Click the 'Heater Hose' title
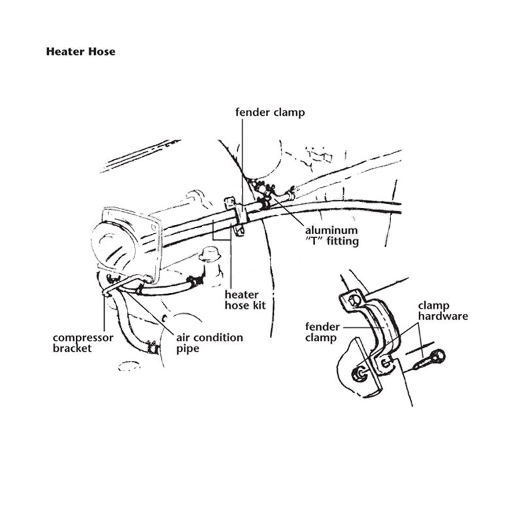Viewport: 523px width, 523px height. click(x=80, y=52)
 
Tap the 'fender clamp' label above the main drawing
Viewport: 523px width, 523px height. click(x=270, y=112)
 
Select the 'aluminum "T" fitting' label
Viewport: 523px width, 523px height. click(x=332, y=235)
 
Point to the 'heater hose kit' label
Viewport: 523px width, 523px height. click(x=245, y=300)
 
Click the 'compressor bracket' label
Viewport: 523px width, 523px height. click(x=83, y=343)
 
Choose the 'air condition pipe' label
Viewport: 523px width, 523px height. click(x=209, y=343)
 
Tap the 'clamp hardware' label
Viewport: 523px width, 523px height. click(x=443, y=311)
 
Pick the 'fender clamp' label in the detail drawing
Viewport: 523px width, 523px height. click(x=322, y=332)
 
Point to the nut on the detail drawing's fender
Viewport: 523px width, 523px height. click(x=359, y=374)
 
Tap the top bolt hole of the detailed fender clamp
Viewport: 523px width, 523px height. click(x=352, y=300)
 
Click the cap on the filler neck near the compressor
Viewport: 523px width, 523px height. click(x=209, y=254)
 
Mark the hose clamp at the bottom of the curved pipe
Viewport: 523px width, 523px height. click(x=153, y=348)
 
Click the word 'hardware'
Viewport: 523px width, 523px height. click(x=443, y=316)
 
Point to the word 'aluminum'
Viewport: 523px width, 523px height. click(x=331, y=230)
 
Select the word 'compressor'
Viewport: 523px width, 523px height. click(x=83, y=338)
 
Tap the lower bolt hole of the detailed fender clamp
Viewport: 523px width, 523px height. click(x=386, y=362)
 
